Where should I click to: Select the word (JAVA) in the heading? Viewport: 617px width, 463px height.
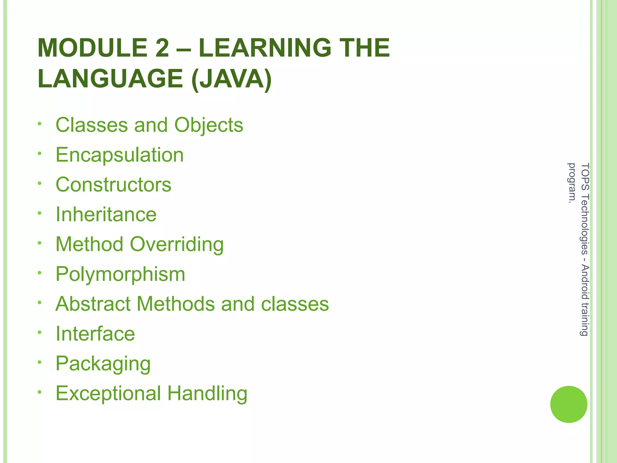(231, 79)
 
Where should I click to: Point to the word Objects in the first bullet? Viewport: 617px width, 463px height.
(208, 125)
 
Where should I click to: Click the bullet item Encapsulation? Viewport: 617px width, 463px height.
(120, 155)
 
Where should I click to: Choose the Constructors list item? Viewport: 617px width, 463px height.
(114, 184)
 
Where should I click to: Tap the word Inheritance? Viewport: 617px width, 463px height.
(106, 214)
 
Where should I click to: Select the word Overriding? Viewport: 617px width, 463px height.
(177, 244)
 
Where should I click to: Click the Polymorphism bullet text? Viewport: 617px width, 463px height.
(121, 274)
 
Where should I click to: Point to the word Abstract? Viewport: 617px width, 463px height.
(93, 304)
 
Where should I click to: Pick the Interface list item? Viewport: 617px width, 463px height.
(95, 334)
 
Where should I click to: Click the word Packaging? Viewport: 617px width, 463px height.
(103, 364)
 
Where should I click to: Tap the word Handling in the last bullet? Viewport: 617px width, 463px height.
(207, 393)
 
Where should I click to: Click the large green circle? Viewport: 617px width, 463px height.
(568, 404)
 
